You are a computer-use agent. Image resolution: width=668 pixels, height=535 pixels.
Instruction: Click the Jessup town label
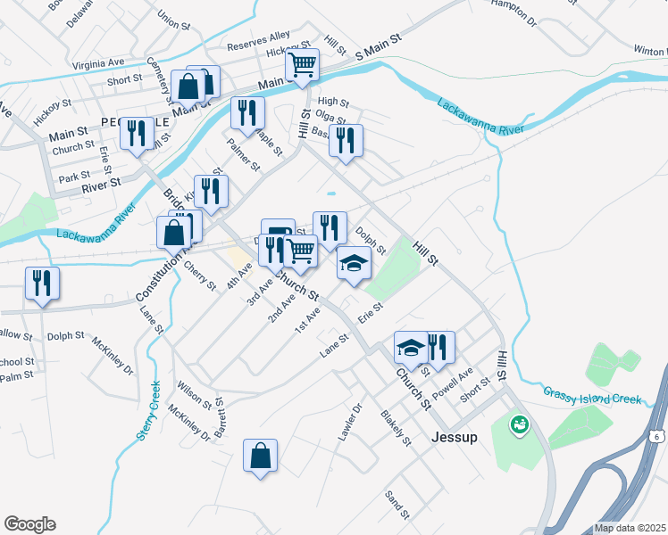[454, 438]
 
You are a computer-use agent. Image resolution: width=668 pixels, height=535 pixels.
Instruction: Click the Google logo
[29, 524]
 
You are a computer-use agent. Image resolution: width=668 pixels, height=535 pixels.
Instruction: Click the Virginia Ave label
[97, 63]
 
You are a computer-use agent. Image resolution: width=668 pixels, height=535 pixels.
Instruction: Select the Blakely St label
[395, 428]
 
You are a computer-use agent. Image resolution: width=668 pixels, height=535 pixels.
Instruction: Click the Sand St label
[395, 505]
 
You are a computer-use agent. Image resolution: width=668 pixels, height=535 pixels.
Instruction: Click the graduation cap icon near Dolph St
[354, 264]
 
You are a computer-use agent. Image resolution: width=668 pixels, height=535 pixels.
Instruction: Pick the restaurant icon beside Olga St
[346, 140]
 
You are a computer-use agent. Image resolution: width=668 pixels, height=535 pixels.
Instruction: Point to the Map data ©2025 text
[629, 528]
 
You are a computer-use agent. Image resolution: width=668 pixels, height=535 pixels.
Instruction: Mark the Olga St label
[330, 119]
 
